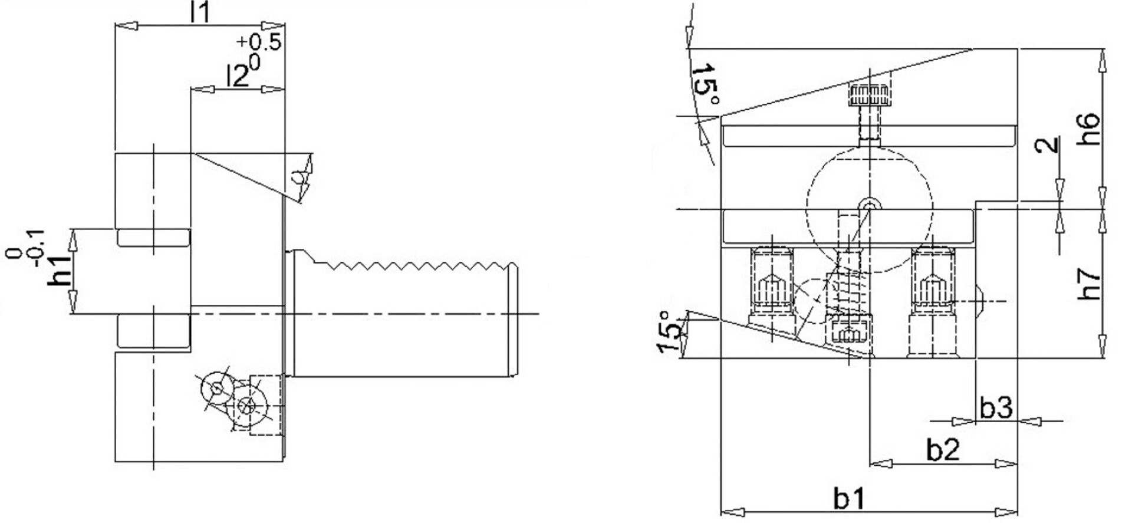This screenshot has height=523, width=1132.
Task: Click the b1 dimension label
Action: (x=849, y=499)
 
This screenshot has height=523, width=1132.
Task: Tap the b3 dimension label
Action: (x=996, y=407)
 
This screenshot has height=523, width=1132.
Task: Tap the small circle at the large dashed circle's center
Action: (x=870, y=204)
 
